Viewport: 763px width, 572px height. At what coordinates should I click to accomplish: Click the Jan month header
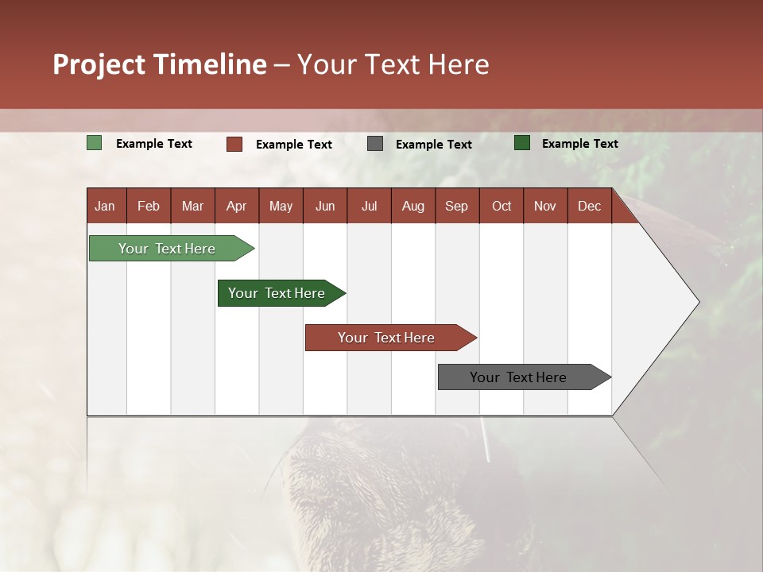coord(105,207)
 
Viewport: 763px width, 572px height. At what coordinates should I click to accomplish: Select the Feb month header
coord(149,207)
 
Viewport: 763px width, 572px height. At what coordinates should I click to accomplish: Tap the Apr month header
coord(237,207)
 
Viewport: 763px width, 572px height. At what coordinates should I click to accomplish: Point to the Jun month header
coord(325,207)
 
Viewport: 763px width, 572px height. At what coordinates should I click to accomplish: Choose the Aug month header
coord(413,207)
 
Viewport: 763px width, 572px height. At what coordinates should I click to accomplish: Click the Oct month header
coord(502,207)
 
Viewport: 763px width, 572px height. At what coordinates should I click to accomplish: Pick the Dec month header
coord(589,207)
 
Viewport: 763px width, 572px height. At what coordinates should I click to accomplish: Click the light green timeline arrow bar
coord(172,248)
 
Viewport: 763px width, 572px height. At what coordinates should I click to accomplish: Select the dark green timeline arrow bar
coord(281,293)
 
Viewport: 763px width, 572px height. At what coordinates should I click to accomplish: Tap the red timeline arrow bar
coord(391,338)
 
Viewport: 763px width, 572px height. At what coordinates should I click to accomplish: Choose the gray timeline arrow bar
coord(525,377)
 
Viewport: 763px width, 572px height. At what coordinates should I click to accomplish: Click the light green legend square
coord(94,143)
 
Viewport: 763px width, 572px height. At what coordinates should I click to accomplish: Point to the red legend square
coord(234,144)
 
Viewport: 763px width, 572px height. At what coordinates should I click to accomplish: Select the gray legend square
coord(375,144)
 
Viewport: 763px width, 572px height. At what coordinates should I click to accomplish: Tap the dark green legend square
coord(522,143)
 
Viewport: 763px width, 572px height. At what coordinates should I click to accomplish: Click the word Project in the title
coord(99,65)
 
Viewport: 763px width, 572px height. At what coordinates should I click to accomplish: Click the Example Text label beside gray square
coord(434,145)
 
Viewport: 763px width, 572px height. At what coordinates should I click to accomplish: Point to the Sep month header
coord(456,207)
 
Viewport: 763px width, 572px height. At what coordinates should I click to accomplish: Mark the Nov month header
coord(545,207)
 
